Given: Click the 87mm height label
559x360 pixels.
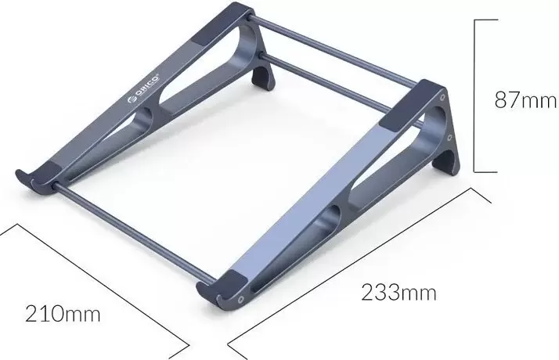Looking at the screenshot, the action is click(525, 99).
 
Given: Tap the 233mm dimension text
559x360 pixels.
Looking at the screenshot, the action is click(399, 293).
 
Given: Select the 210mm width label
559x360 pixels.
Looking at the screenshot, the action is click(63, 314).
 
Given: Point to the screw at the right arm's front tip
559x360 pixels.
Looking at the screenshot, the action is click(242, 299).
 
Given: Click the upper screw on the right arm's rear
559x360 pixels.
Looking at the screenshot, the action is click(442, 97).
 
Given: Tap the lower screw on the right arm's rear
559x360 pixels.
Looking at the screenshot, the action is click(450, 136).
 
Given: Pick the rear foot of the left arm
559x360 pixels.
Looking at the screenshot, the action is click(264, 77).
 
